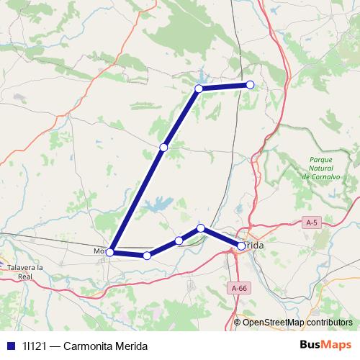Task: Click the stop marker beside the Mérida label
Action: tap(242, 246)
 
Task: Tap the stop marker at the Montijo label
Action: tap(109, 252)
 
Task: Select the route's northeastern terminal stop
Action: tap(251, 85)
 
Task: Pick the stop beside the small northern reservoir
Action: tap(199, 89)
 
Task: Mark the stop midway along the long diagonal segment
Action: tap(163, 148)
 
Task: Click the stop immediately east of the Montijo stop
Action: tap(147, 256)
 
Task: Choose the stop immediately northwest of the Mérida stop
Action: tap(202, 228)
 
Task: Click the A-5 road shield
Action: tap(311, 223)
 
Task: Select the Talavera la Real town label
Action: tap(25, 271)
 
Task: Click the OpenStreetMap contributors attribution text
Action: tap(297, 323)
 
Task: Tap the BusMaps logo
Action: tap(328, 345)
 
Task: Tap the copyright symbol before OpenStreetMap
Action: tap(238, 323)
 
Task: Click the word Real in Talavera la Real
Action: tap(25, 276)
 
